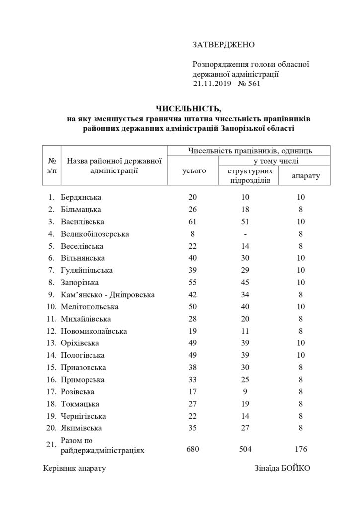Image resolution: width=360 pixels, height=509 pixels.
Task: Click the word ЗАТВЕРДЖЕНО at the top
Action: pyautogui.click(x=223, y=45)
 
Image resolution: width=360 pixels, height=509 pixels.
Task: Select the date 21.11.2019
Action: pyautogui.click(x=210, y=84)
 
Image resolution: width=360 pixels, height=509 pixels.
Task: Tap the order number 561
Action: pyautogui.click(x=252, y=84)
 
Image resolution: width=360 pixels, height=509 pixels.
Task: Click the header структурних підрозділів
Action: pyautogui.click(x=248, y=175)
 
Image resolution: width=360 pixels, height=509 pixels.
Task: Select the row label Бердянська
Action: pyautogui.click(x=82, y=197)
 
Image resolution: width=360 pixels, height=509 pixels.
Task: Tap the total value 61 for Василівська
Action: pyautogui.click(x=192, y=222)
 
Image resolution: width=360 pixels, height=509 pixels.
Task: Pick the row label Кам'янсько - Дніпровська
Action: pyautogui.click(x=107, y=295)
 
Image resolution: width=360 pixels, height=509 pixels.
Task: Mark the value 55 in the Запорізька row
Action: pyautogui.click(x=192, y=282)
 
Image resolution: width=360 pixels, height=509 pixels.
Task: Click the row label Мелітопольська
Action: pyautogui.click(x=90, y=307)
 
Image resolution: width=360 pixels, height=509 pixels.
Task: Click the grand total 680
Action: pyautogui.click(x=192, y=449)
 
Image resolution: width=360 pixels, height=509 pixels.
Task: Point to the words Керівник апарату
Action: pyautogui.click(x=75, y=468)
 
